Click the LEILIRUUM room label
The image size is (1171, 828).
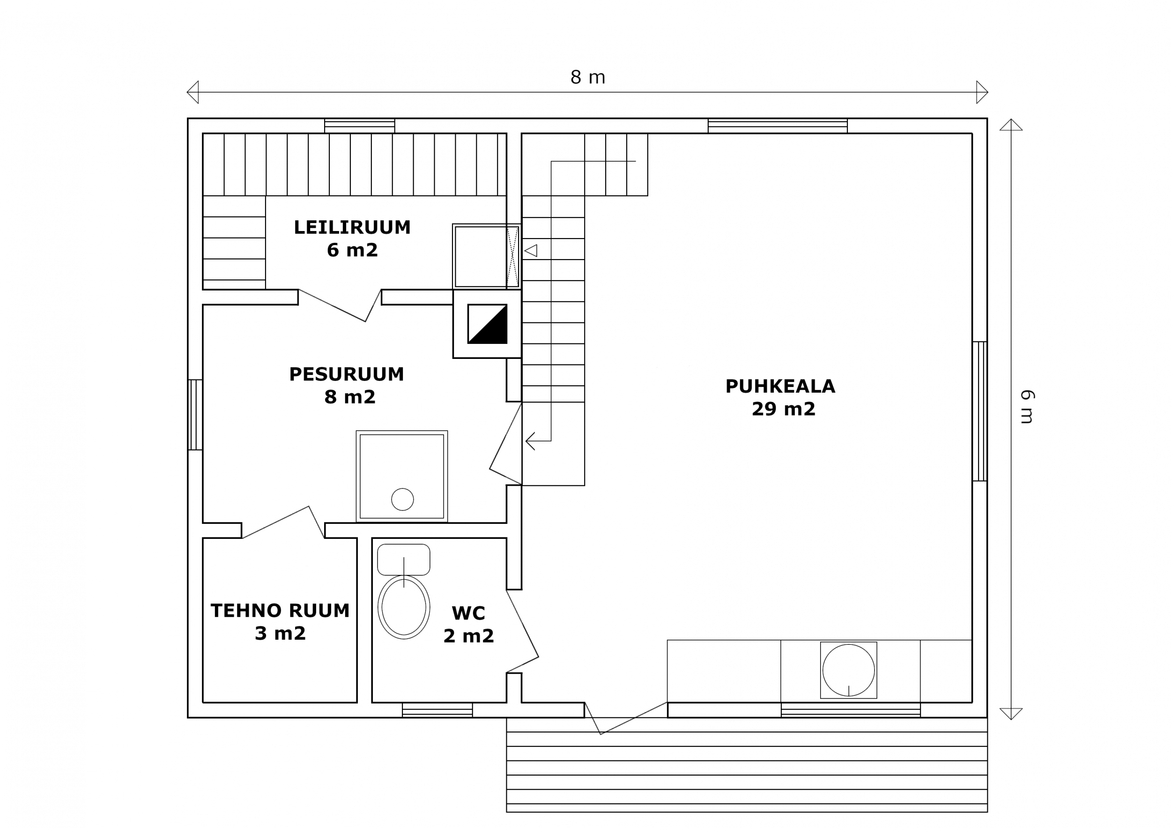click(x=352, y=227)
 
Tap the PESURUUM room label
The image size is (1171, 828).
click(x=346, y=374)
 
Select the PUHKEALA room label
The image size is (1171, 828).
click(x=780, y=386)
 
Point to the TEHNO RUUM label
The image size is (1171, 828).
click(x=280, y=611)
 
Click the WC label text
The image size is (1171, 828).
click(x=468, y=613)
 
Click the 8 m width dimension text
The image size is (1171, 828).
click(x=587, y=77)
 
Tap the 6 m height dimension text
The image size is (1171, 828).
click(x=1027, y=407)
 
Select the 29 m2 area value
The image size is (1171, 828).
click(x=783, y=409)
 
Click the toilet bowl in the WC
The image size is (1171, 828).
click(x=404, y=607)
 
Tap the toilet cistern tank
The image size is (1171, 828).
click(x=403, y=559)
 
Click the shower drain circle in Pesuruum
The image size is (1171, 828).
click(x=402, y=500)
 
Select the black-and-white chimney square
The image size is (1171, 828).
click(x=487, y=324)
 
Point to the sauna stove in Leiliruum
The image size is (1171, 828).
click(x=486, y=256)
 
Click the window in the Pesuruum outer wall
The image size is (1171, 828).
click(x=195, y=415)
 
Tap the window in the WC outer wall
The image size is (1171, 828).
click(x=437, y=710)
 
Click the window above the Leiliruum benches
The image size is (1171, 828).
click(x=360, y=126)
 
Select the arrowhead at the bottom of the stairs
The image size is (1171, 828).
click(x=530, y=441)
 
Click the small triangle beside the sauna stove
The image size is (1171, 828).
click(x=531, y=251)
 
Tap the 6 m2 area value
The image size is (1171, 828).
click(x=352, y=250)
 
